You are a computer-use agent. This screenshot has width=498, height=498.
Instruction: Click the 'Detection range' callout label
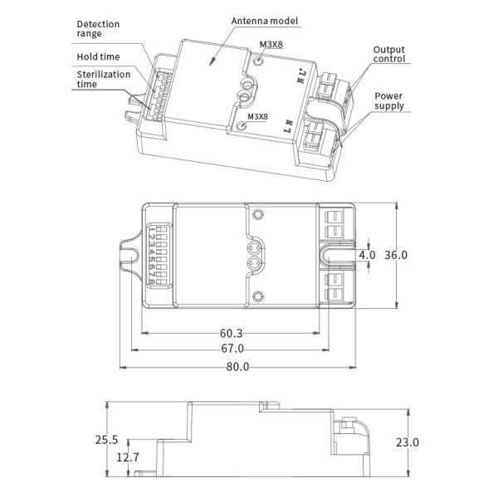point(98,29)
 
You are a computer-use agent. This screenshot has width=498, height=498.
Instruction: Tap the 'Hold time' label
point(98,56)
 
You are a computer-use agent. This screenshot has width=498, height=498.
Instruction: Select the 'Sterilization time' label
point(104,79)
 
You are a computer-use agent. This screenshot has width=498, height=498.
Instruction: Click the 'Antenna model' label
point(265,21)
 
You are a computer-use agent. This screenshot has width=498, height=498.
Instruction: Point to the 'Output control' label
point(389,54)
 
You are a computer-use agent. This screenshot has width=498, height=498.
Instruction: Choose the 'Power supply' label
point(389,100)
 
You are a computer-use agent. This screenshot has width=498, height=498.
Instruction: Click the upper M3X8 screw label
point(271,45)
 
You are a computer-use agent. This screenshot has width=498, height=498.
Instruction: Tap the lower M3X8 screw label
point(257,116)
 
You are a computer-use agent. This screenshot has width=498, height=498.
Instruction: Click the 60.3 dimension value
point(231,333)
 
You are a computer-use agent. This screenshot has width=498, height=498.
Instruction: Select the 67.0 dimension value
point(232,349)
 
